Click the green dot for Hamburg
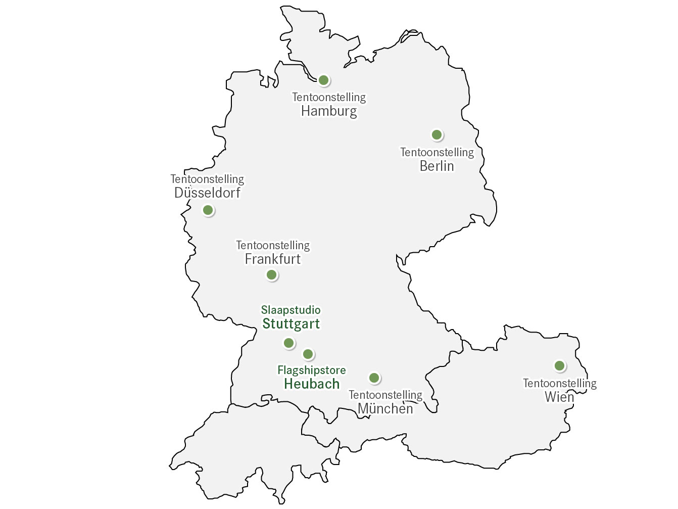tap(324, 80)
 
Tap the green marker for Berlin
tap(437, 135)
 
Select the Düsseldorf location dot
tap(208, 210)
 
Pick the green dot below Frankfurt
tap(272, 275)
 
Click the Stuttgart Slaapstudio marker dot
tap(289, 343)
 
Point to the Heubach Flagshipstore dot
tap(308, 354)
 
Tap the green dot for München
tap(374, 378)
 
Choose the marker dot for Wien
tap(559, 365)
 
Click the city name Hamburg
tap(329, 111)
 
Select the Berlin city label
tap(437, 166)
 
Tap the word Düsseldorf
tap(207, 193)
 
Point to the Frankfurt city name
tap(273, 259)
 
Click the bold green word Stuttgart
tap(291, 324)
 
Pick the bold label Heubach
tap(312, 384)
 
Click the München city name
tap(385, 408)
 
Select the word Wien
tap(559, 397)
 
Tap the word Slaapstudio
tap(291, 310)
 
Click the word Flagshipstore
tap(312, 370)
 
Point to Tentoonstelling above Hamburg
tap(329, 97)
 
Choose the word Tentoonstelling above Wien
tap(559, 383)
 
